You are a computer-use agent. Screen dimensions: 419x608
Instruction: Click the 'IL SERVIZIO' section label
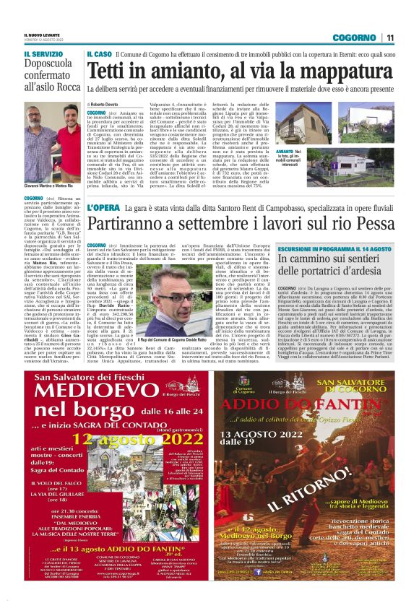[x=43, y=54]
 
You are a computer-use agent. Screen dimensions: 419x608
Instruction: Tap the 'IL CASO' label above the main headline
[x=100, y=55]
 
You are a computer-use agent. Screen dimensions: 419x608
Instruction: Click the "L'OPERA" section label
[x=103, y=209]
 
